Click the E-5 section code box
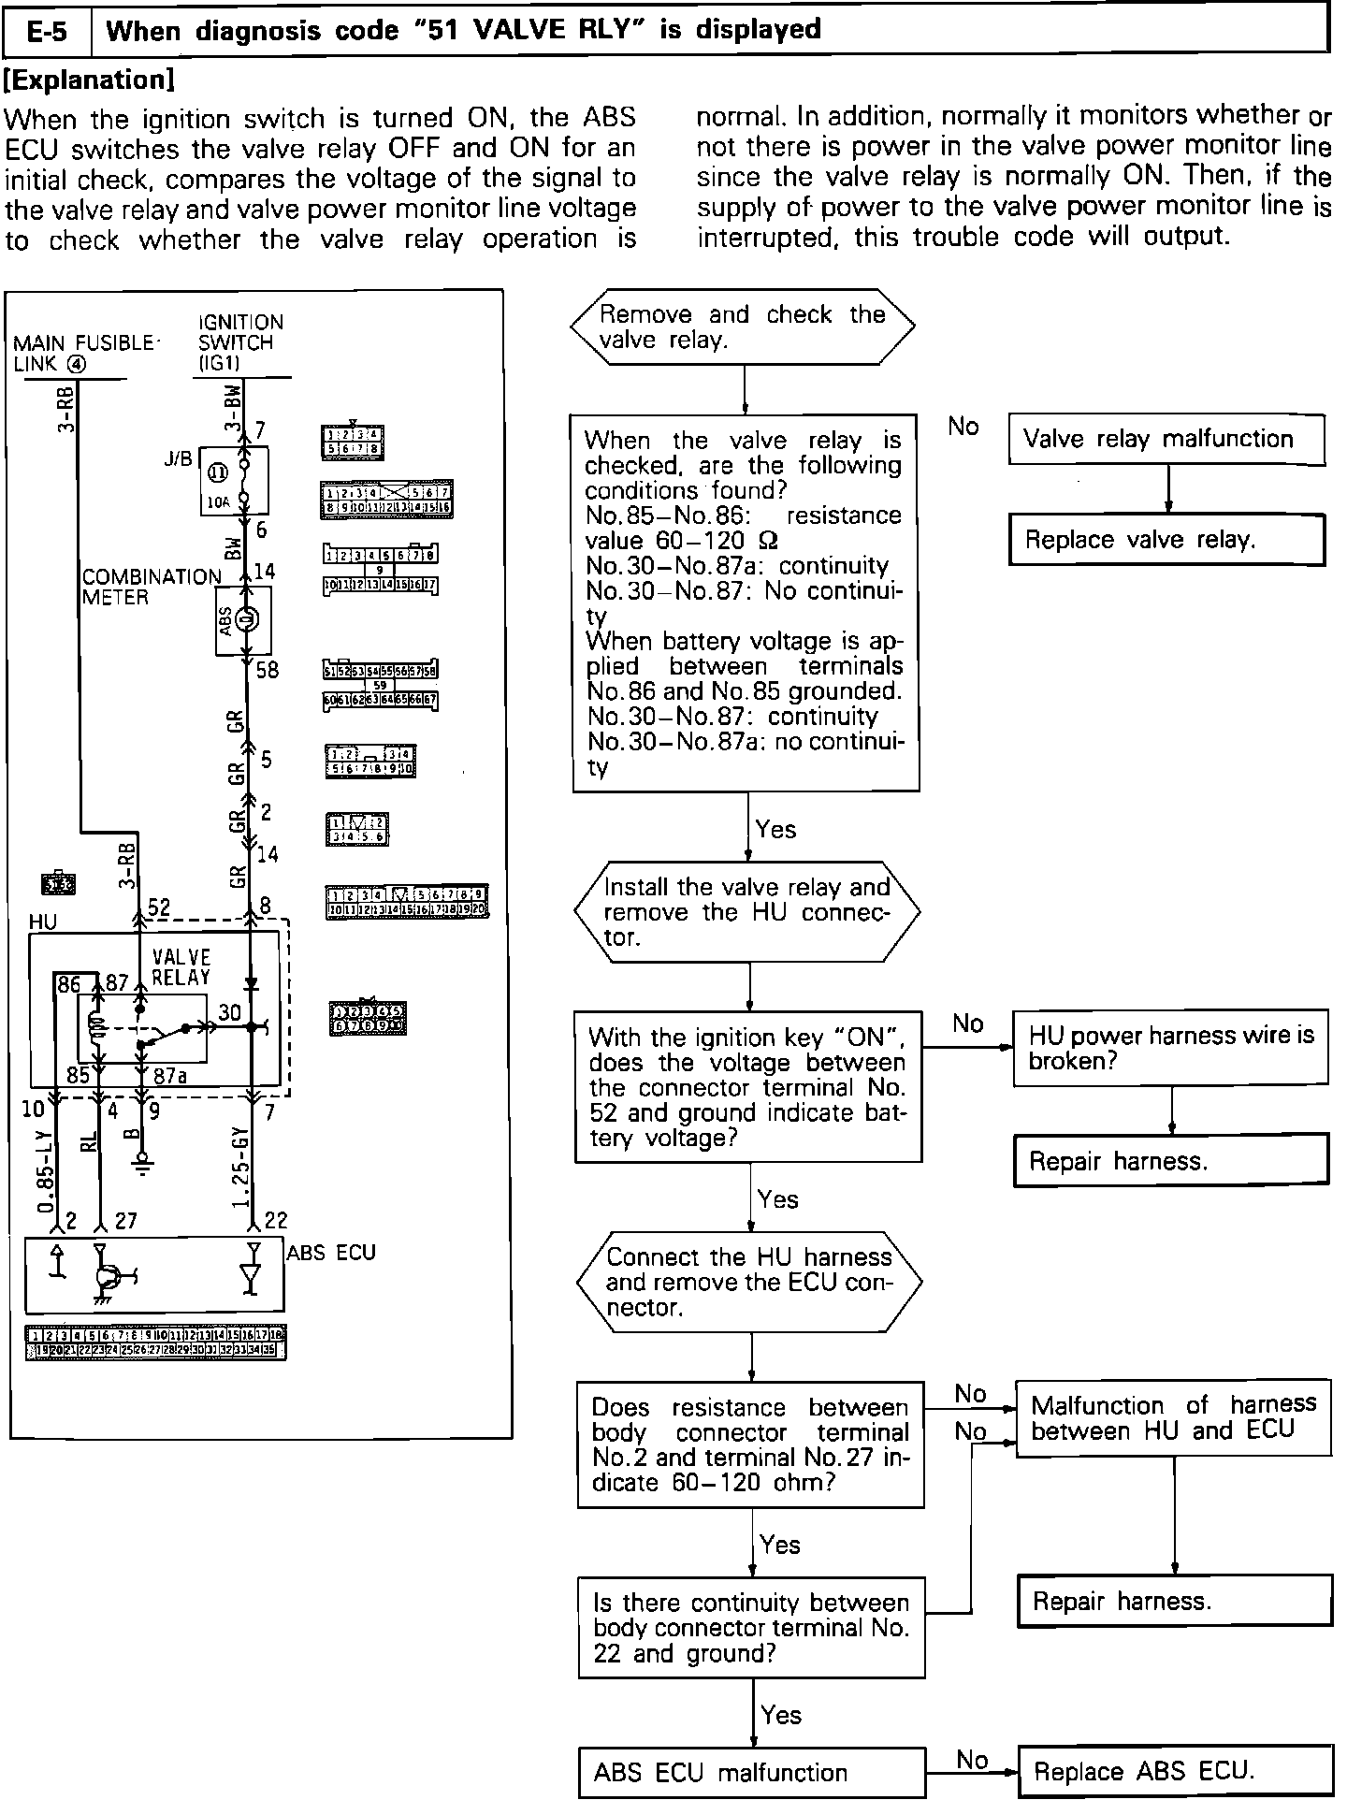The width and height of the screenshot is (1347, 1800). [48, 31]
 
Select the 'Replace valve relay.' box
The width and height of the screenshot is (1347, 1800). [1166, 540]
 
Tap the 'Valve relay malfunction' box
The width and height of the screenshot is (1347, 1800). [1166, 439]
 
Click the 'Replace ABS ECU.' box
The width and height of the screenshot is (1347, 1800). [1173, 1771]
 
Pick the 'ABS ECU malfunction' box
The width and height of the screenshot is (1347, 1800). [751, 1772]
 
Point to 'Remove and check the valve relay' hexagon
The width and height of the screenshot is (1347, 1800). [743, 327]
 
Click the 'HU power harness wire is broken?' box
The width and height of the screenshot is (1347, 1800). [1171, 1048]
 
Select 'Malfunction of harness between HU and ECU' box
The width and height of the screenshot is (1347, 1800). [1174, 1417]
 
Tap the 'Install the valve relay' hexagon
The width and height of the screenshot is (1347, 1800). [747, 912]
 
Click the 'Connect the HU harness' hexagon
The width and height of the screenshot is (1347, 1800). [750, 1283]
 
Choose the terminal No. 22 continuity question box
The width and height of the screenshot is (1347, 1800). [751, 1628]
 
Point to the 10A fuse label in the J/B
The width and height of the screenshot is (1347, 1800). [217, 502]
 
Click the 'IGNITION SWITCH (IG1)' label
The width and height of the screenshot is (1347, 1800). [240, 342]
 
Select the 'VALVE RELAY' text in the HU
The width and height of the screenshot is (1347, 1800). [181, 967]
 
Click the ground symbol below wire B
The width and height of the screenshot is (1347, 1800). [141, 1166]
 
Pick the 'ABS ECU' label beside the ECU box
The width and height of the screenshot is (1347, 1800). [331, 1253]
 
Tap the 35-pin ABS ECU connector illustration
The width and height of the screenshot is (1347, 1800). [155, 1343]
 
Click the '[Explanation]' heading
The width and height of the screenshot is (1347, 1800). [90, 80]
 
